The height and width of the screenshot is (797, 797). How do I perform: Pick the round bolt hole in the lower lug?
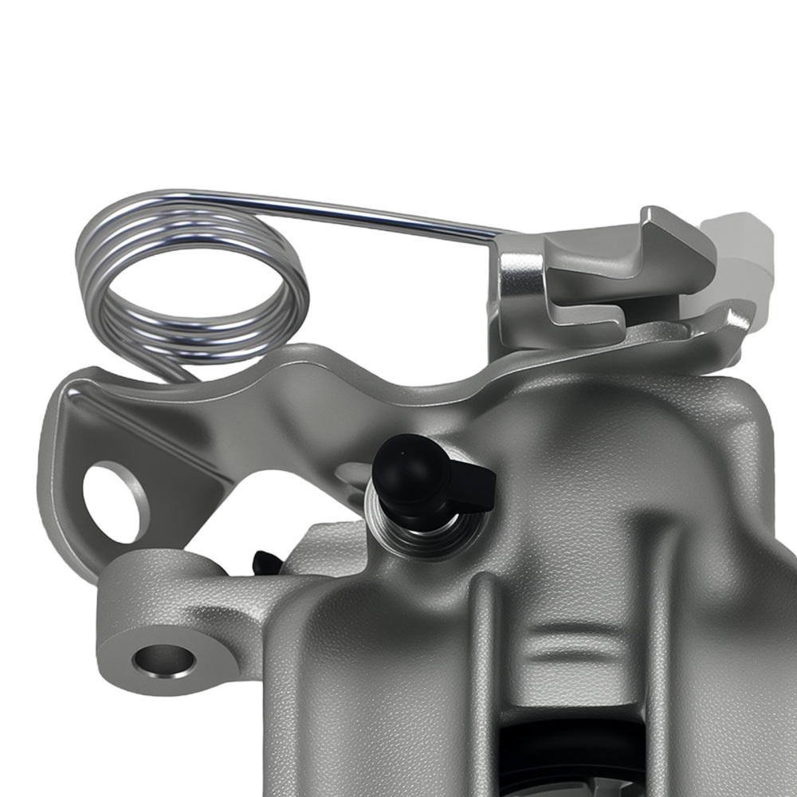(x=164, y=660)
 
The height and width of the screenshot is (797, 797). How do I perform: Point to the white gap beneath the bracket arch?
(x=295, y=494)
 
